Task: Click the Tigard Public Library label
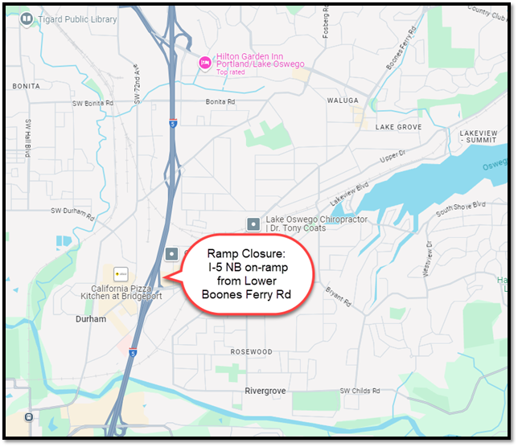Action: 77,19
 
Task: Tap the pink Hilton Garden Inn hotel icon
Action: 204,61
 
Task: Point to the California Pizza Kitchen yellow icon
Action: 121,273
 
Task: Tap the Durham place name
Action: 91,319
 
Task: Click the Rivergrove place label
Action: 266,391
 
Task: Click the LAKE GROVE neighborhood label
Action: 398,127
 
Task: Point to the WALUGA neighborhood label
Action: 342,100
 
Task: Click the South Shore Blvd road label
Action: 461,211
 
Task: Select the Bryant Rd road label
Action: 338,296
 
